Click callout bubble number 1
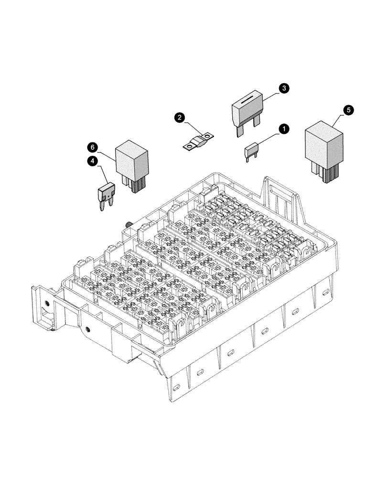(x=283, y=129)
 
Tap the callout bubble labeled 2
(x=179, y=117)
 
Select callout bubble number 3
(x=283, y=88)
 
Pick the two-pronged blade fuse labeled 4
(x=105, y=195)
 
